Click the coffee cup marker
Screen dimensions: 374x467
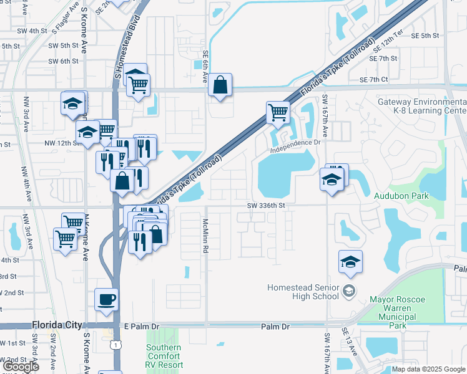point(106,299)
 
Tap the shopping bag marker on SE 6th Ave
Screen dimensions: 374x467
point(220,85)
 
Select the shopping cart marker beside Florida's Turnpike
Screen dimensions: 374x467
point(278,113)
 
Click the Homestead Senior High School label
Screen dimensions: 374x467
point(303,292)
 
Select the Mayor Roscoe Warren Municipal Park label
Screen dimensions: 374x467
point(397,312)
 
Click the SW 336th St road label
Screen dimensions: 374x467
point(265,205)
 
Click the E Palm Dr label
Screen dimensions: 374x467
point(142,326)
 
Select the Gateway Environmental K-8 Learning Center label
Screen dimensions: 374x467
point(422,106)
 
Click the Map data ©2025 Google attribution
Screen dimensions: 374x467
point(428,369)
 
